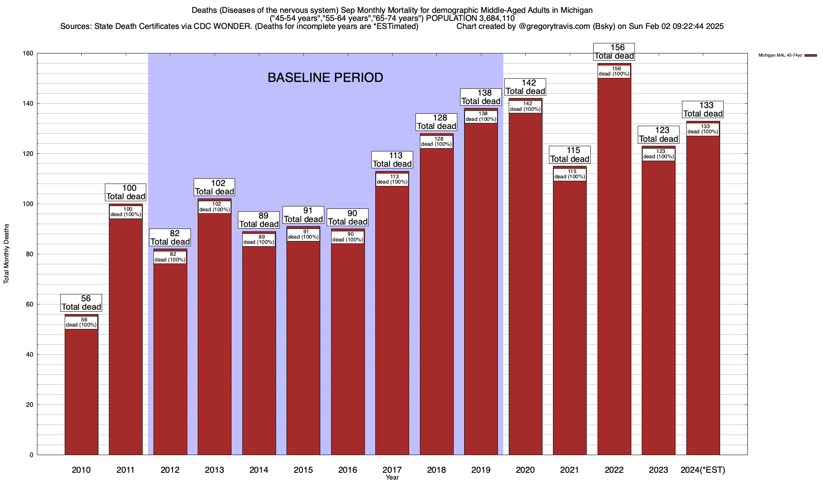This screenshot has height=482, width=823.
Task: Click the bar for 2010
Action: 81,390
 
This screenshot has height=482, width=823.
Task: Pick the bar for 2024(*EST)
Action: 703,293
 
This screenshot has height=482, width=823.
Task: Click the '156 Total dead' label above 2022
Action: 614,52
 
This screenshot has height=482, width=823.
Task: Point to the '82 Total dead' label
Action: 170,237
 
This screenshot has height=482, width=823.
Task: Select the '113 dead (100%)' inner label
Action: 392,179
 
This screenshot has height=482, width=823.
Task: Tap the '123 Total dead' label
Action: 659,135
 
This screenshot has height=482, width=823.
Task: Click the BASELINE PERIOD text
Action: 325,78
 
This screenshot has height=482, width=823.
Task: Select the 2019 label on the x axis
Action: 481,470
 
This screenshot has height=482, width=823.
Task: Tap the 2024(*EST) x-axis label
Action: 703,470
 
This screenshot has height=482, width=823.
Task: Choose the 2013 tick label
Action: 214,470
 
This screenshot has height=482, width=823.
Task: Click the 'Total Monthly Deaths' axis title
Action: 6,254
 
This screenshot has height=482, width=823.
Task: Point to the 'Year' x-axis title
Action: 392,478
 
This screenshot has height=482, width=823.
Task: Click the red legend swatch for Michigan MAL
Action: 811,55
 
